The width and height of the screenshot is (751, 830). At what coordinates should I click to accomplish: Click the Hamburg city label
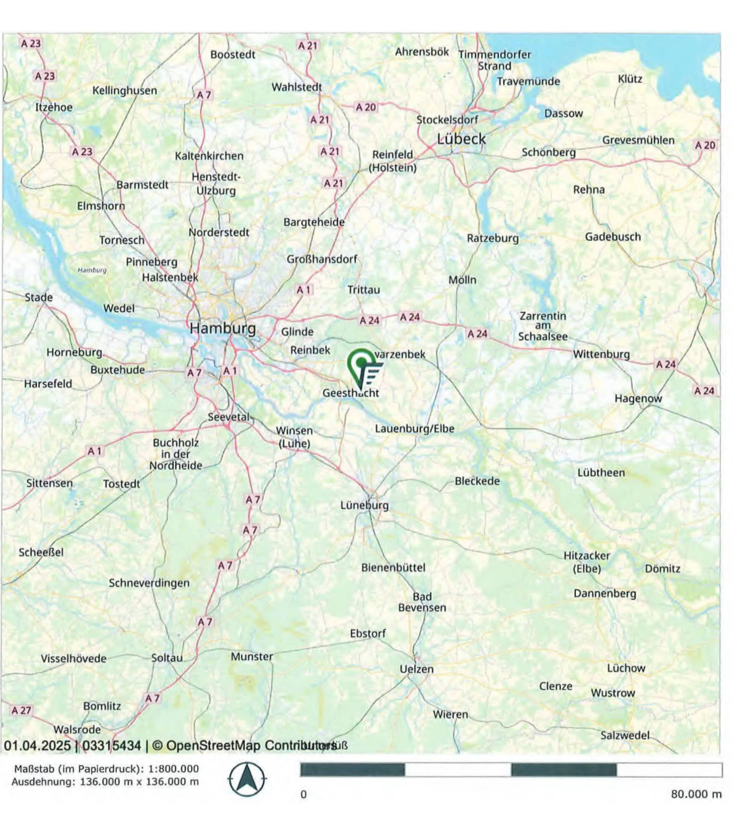(x=222, y=328)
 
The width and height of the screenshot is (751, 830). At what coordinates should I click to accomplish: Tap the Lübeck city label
(x=461, y=139)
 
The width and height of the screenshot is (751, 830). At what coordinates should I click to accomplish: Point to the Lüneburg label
(x=364, y=505)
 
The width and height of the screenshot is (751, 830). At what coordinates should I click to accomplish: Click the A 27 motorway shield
(x=21, y=710)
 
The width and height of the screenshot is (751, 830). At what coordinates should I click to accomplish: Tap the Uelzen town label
(x=417, y=669)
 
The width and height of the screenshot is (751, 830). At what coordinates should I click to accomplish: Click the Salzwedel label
(x=624, y=735)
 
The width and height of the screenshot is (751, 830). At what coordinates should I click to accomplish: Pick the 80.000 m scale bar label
(x=696, y=794)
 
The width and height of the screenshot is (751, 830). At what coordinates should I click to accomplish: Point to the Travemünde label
(x=528, y=81)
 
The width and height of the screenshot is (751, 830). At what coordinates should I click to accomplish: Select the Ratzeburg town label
(x=492, y=238)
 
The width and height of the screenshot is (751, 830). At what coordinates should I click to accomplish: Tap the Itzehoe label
(x=54, y=107)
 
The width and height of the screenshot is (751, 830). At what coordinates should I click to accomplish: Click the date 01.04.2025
(x=37, y=746)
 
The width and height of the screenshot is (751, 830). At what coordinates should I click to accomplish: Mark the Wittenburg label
(x=601, y=354)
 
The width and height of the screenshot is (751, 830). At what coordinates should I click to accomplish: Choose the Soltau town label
(x=166, y=657)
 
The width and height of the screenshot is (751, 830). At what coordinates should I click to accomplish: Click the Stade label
(x=39, y=297)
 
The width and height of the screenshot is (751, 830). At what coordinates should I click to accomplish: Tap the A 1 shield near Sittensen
(x=94, y=451)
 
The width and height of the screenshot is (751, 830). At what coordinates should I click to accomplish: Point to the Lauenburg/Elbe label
(x=414, y=429)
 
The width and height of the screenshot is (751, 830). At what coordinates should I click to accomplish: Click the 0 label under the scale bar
(x=303, y=795)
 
